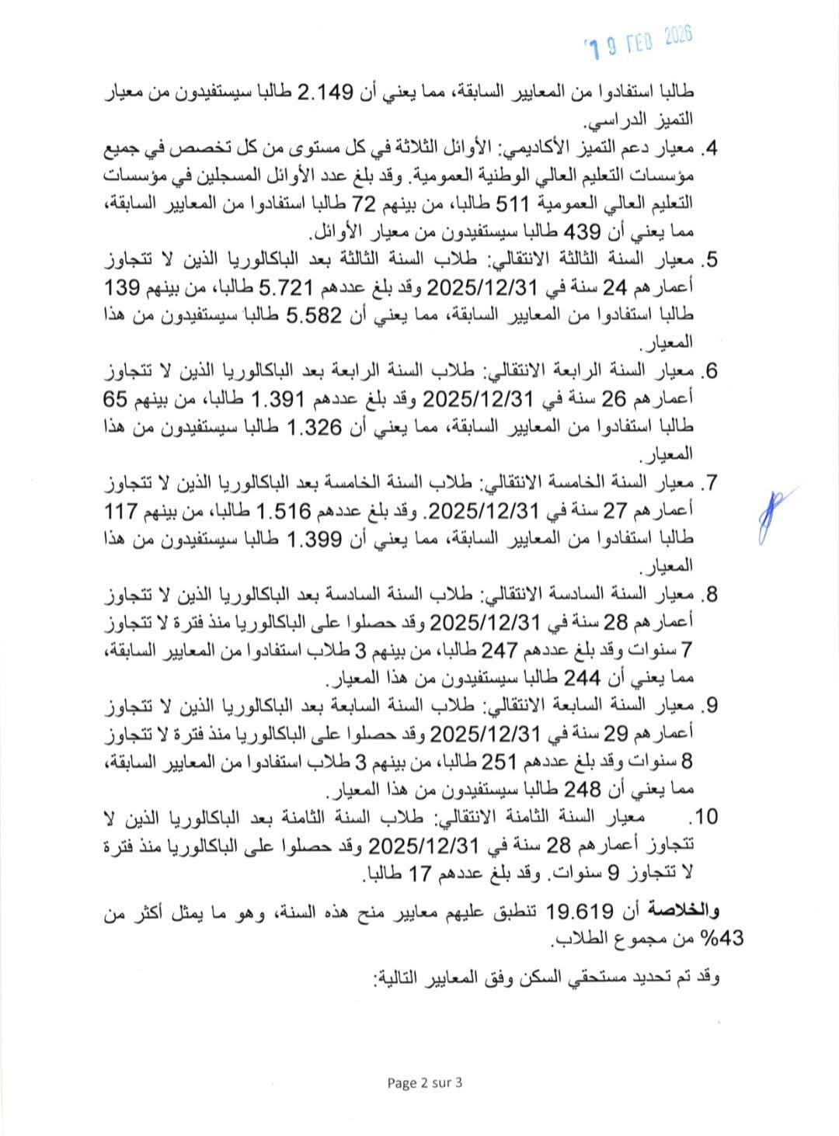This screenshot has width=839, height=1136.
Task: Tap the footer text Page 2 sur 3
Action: pos(424,1084)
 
